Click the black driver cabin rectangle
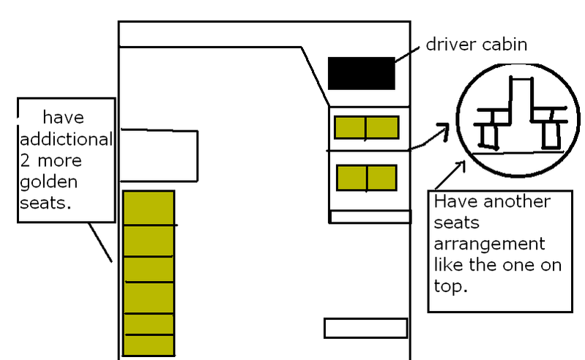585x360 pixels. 361,73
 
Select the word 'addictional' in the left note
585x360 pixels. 66,139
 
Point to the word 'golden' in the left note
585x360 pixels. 49,183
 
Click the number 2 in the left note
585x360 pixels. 25,161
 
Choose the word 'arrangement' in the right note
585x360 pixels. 490,245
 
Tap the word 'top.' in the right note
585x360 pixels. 451,287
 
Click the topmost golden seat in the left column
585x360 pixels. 149,209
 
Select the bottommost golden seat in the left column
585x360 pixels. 149,345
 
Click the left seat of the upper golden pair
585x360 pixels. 350,127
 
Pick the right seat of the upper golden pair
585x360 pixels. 382,127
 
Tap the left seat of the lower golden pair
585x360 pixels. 352,178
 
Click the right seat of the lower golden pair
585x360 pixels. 382,178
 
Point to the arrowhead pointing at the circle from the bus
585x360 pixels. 443,130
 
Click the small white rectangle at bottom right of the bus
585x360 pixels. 365,328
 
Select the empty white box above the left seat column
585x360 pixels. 159,155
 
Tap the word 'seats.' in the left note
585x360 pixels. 45,203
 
